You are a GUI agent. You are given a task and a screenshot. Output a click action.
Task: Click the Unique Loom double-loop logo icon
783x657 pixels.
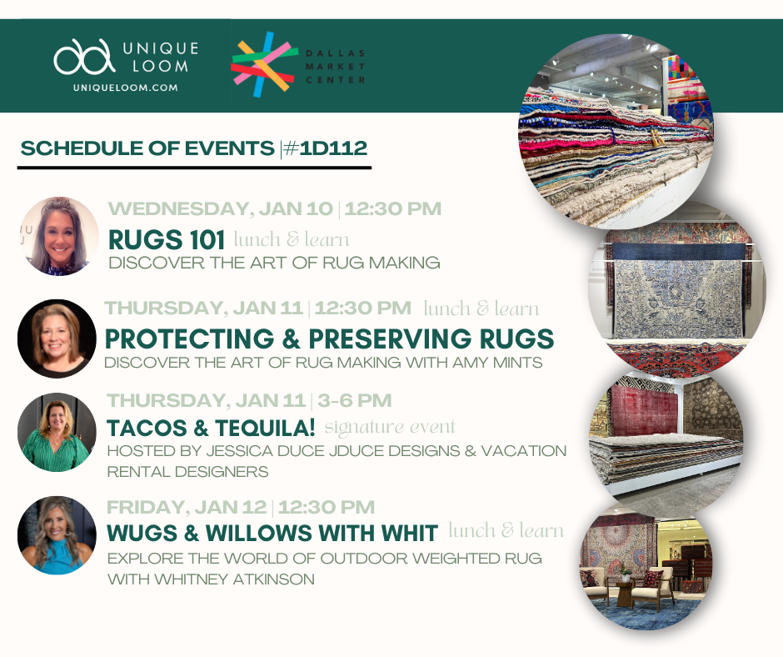(x=84, y=57)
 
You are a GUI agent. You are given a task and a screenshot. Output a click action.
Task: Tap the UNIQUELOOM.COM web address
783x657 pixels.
(x=125, y=88)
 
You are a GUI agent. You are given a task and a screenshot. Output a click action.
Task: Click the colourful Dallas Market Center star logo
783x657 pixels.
(x=262, y=64)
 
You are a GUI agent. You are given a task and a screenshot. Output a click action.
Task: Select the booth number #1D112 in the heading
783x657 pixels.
(x=326, y=148)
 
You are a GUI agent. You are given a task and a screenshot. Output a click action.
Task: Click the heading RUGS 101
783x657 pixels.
(x=167, y=240)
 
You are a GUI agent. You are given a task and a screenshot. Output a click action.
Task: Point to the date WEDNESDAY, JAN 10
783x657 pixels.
(x=220, y=209)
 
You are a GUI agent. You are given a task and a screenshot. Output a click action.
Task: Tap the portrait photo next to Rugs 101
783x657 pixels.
(x=59, y=236)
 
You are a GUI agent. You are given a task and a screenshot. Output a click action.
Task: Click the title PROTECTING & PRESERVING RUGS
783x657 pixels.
(x=330, y=339)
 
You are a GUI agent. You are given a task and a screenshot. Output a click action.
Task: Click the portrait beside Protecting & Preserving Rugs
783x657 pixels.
(x=57, y=339)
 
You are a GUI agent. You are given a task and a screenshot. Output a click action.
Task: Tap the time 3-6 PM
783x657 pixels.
(x=355, y=401)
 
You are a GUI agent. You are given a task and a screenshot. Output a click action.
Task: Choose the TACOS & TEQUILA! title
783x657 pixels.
(x=211, y=429)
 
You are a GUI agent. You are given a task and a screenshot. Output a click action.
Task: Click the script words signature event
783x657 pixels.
(x=390, y=428)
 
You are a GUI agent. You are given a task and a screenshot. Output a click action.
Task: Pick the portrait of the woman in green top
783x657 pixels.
(x=57, y=433)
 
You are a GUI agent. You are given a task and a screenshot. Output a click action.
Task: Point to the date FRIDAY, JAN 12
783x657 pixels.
(x=187, y=508)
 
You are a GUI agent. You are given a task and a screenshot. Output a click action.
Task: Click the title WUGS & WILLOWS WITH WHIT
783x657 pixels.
(x=272, y=534)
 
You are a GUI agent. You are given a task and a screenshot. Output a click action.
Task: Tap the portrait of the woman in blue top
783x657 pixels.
(x=57, y=535)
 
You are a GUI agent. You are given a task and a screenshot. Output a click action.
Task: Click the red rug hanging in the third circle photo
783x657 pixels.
(x=643, y=411)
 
